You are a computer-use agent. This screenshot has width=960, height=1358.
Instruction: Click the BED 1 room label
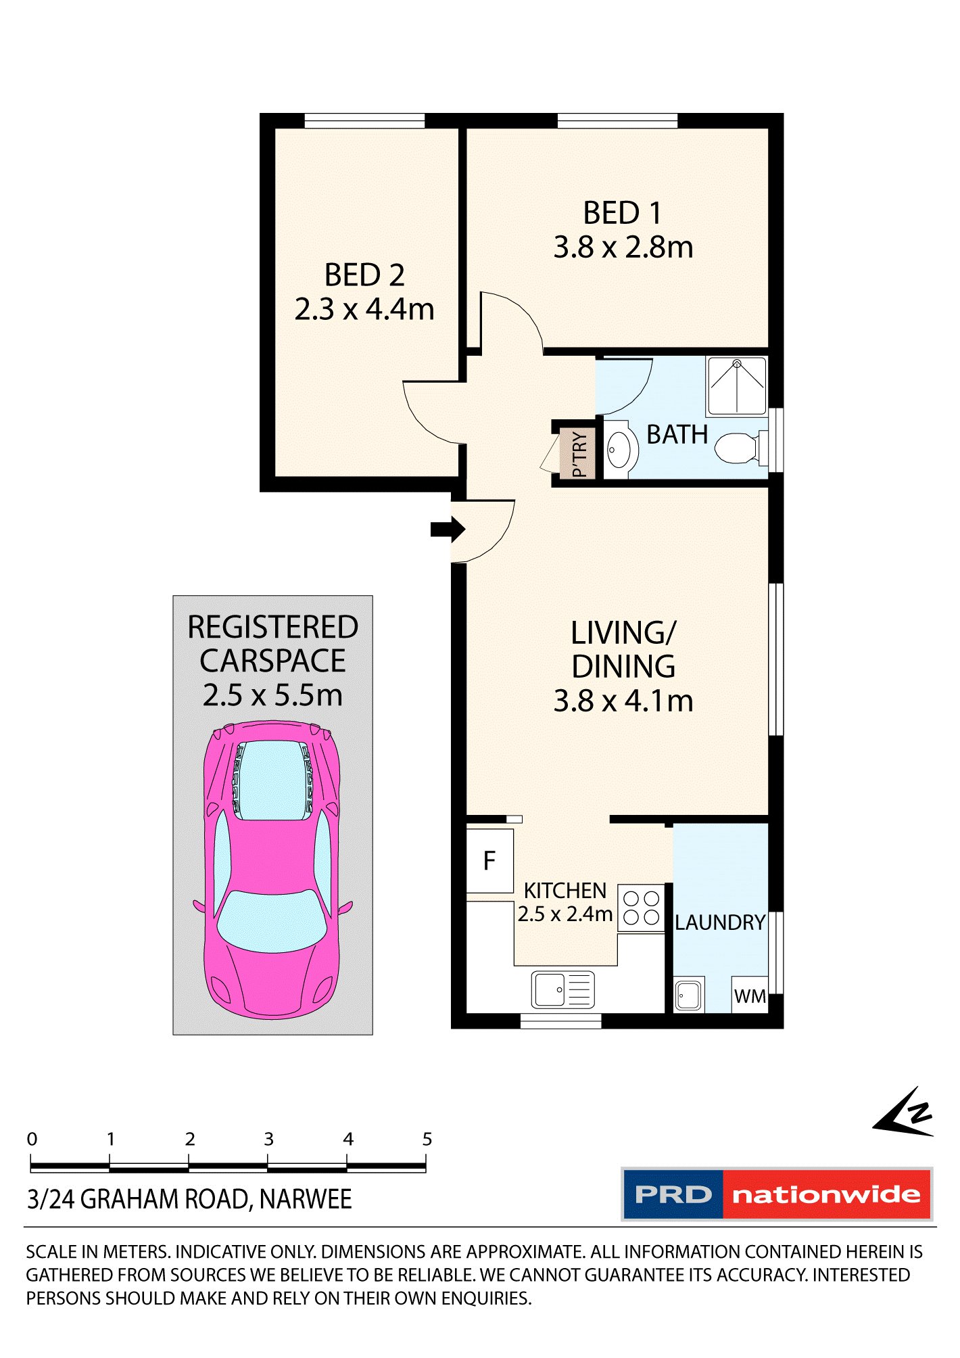pos(622,213)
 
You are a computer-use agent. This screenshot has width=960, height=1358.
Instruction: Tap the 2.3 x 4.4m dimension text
pos(364,310)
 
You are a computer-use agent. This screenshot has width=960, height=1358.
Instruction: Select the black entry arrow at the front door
pos(447,529)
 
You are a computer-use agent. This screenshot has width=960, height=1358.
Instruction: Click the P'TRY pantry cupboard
pos(579,454)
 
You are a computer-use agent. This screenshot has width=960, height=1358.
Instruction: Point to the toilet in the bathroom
pos(738,448)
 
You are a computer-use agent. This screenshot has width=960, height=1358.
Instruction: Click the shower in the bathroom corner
pos(736,386)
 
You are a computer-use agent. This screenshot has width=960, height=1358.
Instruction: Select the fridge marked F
pos(490,861)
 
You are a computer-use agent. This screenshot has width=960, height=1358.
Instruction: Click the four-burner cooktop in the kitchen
pos(641,908)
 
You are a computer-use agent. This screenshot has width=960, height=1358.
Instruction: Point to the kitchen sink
pos(562,989)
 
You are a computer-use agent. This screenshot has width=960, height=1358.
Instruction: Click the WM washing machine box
pos(750,996)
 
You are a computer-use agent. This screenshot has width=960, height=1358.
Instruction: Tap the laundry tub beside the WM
pos(689,995)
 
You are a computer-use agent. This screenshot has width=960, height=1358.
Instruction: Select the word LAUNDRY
pos(719,922)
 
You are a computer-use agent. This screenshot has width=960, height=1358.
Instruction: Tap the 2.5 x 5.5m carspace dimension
pos(272,696)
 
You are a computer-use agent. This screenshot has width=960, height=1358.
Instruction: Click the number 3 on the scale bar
pos(268,1139)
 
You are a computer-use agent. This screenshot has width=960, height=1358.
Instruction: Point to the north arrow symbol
pos(905,1113)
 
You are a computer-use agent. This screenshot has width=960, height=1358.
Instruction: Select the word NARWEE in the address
pos(306,1199)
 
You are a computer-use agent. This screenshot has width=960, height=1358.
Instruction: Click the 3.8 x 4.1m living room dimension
pos(623,701)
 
